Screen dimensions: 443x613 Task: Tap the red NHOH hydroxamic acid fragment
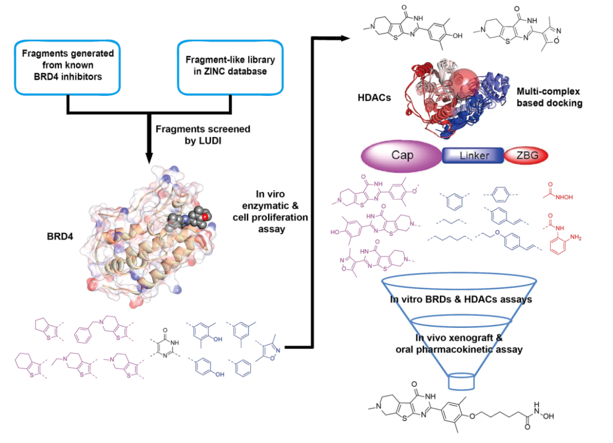click(x=560, y=191)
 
